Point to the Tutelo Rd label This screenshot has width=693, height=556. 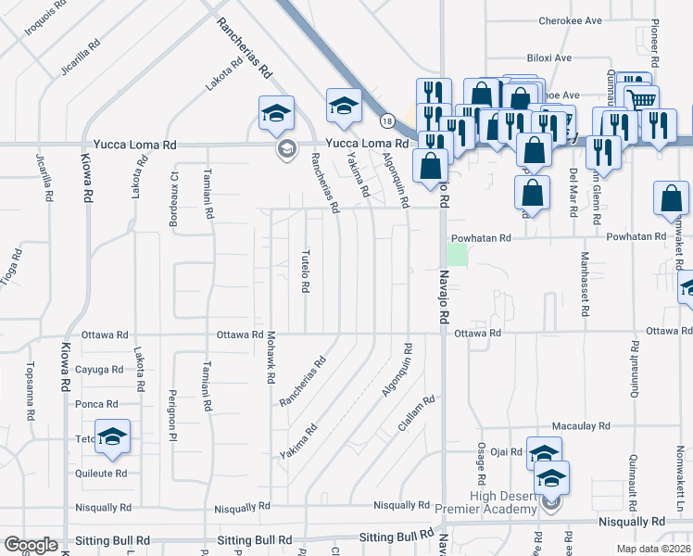pyautogui.click(x=304, y=271)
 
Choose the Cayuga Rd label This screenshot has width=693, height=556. pyautogui.click(x=100, y=369)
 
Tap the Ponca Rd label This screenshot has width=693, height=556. pyautogui.click(x=98, y=404)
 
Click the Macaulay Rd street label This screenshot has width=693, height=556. pyautogui.click(x=580, y=425)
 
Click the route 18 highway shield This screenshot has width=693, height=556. pyautogui.click(x=387, y=120)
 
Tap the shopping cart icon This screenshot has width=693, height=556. pyautogui.click(x=641, y=99)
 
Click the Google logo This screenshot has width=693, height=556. pyautogui.click(x=31, y=544)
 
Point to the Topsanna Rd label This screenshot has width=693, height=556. pyautogui.click(x=30, y=383)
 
